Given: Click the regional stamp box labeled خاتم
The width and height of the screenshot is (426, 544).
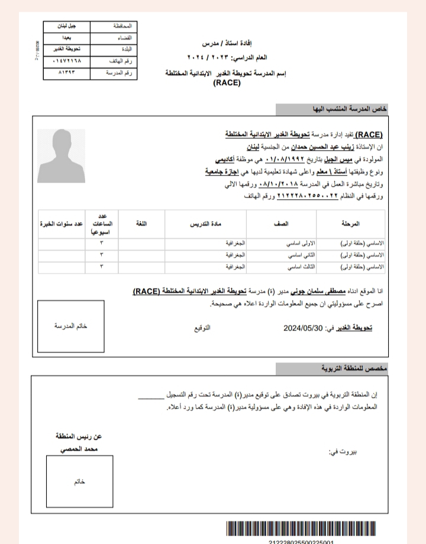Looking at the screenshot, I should coord(80,481).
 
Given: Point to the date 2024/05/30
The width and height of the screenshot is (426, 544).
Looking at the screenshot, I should coord(303,326).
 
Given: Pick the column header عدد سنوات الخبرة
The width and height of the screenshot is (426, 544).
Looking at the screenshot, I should coord(61,225).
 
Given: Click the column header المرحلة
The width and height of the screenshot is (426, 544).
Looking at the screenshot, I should coord(351,225).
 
